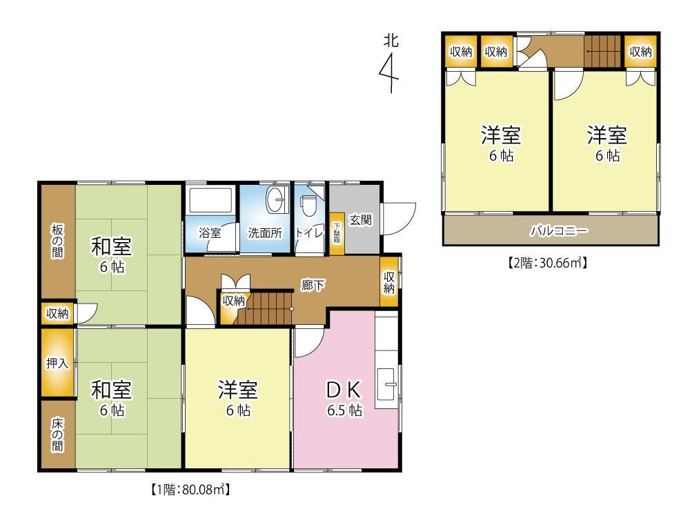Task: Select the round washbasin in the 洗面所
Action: [x=276, y=201]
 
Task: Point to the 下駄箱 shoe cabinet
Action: [x=337, y=234]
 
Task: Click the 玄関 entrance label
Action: [x=360, y=220]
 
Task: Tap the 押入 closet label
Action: [x=57, y=363]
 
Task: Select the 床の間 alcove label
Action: [x=57, y=435]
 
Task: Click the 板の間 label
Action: [x=57, y=241]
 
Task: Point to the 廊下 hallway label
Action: [x=313, y=286]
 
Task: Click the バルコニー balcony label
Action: [x=558, y=230]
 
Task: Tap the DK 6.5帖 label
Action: [x=344, y=399]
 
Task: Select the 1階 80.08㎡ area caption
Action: [x=190, y=489]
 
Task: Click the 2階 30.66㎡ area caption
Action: [x=549, y=263]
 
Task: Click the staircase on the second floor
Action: [x=602, y=52]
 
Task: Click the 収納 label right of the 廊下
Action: [x=389, y=282]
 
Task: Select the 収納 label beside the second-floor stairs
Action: [x=640, y=52]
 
